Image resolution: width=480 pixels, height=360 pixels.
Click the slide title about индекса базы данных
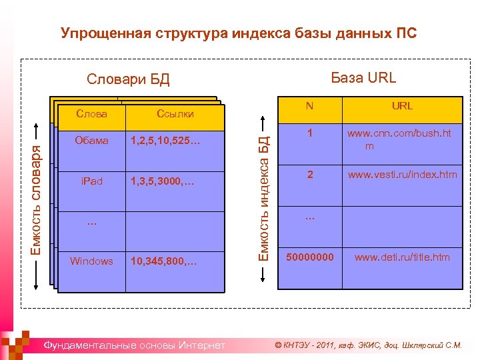[239, 33]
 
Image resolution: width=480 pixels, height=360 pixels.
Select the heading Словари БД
[129, 80]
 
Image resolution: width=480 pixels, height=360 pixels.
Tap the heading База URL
[363, 77]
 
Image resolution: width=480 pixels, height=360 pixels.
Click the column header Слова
[92, 114]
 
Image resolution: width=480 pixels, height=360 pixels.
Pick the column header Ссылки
[175, 114]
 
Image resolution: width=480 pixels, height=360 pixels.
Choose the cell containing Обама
[92, 141]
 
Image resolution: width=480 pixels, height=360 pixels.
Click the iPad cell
[92, 181]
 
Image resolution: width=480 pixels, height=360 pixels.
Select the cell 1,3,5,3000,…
[164, 181]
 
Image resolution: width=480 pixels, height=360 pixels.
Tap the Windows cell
[91, 261]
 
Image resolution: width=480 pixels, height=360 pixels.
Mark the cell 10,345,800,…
[164, 261]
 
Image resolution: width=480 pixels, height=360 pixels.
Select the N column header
[309, 106]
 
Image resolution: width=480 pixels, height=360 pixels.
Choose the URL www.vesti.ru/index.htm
[402, 175]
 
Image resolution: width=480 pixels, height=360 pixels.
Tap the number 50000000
[310, 257]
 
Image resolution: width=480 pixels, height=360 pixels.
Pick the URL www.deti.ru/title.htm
[402, 257]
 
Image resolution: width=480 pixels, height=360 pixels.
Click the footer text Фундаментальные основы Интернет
[133, 345]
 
